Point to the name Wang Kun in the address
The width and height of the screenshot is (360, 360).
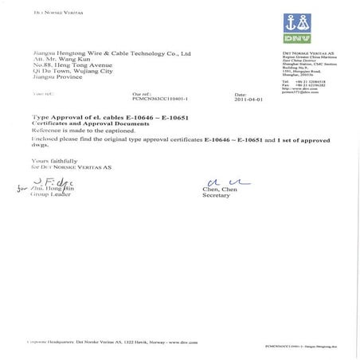75,61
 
